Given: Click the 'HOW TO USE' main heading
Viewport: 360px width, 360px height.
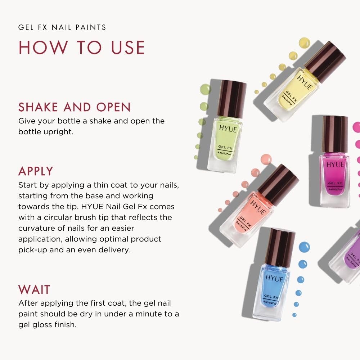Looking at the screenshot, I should (x=82, y=48).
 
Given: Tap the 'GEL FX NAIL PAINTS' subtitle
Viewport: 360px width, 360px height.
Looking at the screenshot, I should (x=62, y=28).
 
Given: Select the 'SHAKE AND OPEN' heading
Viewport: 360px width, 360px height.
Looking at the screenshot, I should (x=75, y=107).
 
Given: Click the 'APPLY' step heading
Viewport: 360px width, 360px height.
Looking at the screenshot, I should (x=36, y=171).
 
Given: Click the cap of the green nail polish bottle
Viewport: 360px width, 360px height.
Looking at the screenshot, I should (x=232, y=98).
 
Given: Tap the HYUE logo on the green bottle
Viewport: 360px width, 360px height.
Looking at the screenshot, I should (x=228, y=129).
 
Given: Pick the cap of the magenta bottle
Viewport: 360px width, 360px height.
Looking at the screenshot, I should (x=335, y=134).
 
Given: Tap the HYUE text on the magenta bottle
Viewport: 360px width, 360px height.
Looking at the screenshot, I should (x=335, y=165).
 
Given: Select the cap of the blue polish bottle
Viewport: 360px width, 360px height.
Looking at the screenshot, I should (x=280, y=247).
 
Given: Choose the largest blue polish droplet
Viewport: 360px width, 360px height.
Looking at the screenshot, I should (x=304, y=247).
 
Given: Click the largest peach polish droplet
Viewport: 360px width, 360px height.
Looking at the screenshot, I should (x=266, y=159).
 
